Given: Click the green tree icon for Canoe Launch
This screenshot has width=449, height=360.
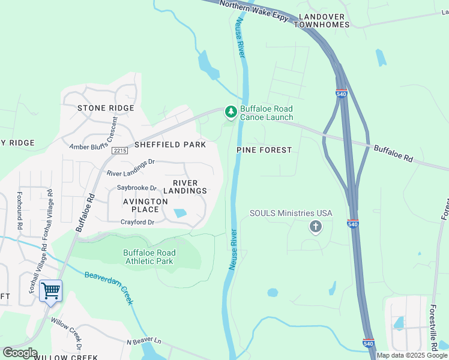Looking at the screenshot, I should pyautogui.click(x=231, y=112).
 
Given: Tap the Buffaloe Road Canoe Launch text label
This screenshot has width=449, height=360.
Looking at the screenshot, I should pyautogui.click(x=267, y=113).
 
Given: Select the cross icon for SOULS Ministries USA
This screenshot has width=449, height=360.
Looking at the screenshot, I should pyautogui.click(x=315, y=227).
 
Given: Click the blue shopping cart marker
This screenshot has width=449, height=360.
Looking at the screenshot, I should pyautogui.click(x=50, y=291).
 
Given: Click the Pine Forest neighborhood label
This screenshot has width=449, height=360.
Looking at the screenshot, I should pyautogui.click(x=264, y=150).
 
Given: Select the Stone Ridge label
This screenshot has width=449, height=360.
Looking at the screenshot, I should pyautogui.click(x=106, y=108).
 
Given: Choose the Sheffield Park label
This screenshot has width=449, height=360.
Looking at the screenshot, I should pyautogui.click(x=170, y=145).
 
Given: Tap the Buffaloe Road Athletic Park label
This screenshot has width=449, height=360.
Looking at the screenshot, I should pyautogui.click(x=149, y=257).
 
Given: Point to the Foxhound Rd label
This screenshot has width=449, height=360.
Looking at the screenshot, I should pyautogui.click(x=20, y=211).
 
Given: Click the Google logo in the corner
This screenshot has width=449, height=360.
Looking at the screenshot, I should pyautogui.click(x=20, y=353).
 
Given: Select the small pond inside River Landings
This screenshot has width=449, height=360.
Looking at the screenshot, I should pyautogui.click(x=179, y=213).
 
